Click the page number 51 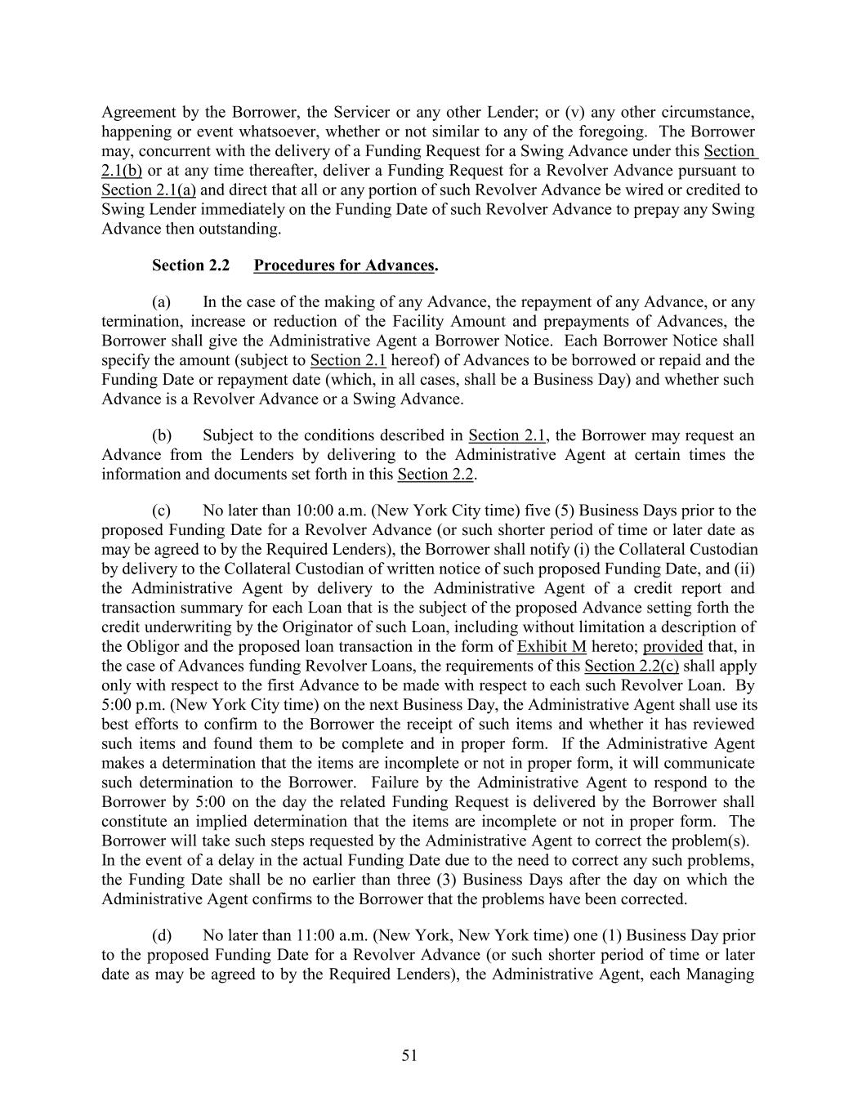click(x=409, y=1056)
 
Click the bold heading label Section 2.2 click(x=190, y=265)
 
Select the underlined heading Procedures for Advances click(x=344, y=265)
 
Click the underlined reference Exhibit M click(x=552, y=646)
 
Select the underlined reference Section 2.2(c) click(x=632, y=666)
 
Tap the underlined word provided click(x=672, y=646)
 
